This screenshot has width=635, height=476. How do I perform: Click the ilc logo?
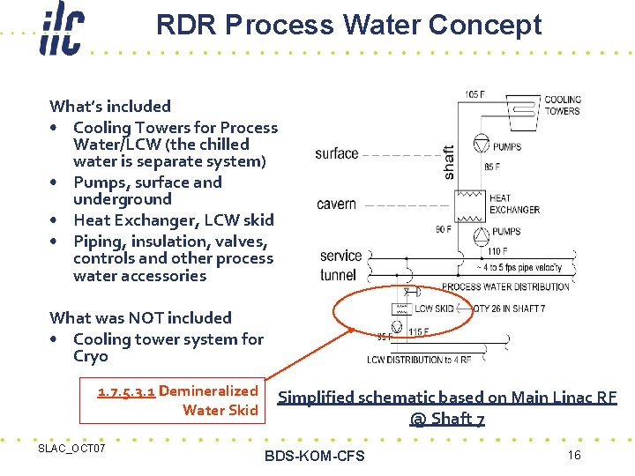coord(61,32)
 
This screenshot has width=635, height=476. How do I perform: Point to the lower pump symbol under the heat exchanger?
coord(482,234)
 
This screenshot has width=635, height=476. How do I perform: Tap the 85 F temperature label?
coord(491,166)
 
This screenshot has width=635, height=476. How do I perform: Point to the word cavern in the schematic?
coord(336,205)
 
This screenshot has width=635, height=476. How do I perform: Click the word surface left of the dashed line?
coord(336,153)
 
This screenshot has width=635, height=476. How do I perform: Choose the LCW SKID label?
coord(434,309)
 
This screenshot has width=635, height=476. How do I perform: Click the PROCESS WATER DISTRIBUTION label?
coord(504,287)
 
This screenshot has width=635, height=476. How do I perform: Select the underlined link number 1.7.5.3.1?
coord(126,390)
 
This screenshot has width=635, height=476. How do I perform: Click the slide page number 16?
coord(574,455)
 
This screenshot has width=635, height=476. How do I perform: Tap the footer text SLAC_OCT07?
coord(71,450)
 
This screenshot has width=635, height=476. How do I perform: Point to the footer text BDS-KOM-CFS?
coord(314,456)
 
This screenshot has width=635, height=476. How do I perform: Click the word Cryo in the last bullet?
coord(91,356)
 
